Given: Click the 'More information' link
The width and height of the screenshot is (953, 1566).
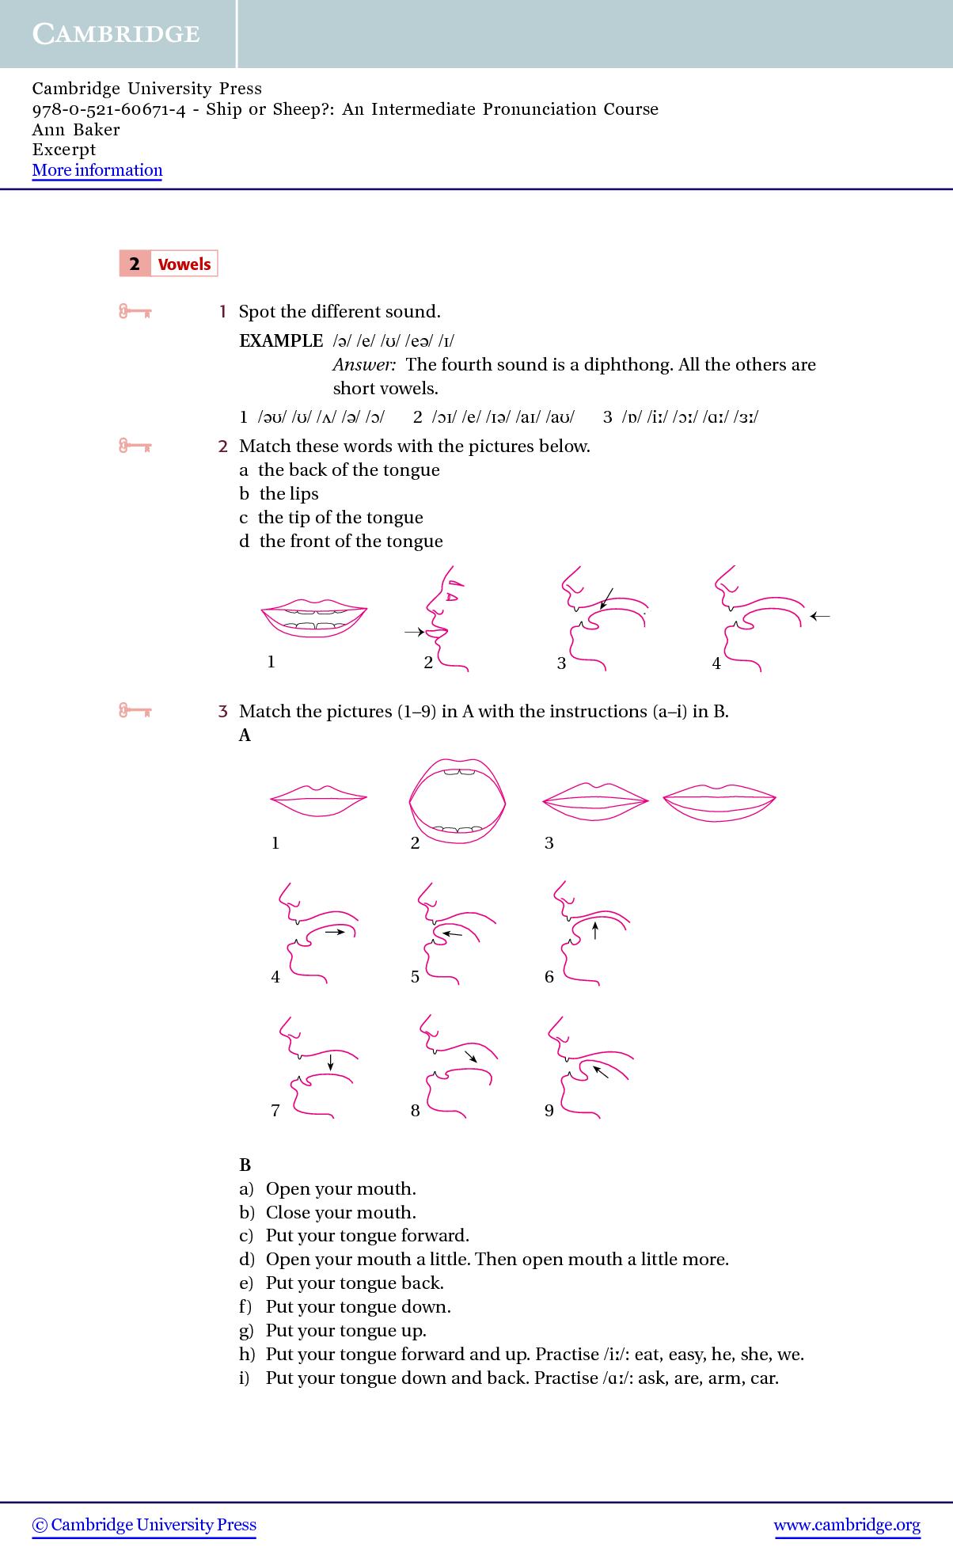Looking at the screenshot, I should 97,170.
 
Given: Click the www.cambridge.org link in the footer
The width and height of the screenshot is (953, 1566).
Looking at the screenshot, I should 847,1525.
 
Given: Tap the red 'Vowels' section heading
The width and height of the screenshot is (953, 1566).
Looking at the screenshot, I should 184,264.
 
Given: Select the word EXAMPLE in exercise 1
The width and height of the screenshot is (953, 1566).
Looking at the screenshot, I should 281,341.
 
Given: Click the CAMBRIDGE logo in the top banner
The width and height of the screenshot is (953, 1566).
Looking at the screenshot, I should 116,33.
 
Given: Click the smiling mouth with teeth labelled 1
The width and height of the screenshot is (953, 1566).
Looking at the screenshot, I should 314,619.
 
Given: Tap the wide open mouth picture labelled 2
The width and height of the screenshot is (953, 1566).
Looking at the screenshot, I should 457,800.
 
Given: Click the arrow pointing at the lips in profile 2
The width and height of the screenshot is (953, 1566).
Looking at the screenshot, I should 414,632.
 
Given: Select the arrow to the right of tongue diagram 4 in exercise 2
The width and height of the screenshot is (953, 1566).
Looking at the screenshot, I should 820,615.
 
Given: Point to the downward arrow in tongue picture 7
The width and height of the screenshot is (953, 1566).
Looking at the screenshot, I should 330,1061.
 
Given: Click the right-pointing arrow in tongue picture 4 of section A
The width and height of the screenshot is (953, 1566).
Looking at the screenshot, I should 335,933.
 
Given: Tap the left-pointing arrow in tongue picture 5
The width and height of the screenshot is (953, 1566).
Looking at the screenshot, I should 452,935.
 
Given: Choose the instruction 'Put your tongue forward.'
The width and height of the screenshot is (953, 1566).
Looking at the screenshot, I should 367,1236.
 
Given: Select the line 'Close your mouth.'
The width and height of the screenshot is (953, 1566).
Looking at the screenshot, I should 340,1212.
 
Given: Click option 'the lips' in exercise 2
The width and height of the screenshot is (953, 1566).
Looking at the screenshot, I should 288,494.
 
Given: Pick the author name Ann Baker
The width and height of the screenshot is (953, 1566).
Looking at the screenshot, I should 76,130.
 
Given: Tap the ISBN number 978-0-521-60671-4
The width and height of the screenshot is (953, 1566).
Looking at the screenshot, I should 109,109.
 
